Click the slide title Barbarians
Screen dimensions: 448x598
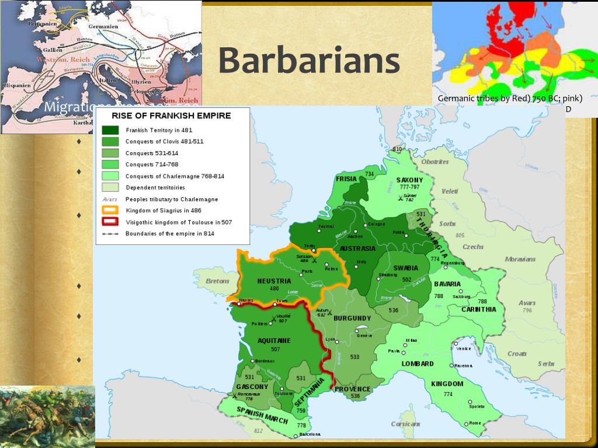pos(309,61)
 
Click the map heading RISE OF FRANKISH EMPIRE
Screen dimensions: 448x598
pos(171,116)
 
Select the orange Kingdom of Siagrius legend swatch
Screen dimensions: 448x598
pos(110,210)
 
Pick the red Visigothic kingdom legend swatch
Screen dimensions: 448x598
pos(110,222)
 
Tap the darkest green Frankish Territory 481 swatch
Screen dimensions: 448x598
pos(110,130)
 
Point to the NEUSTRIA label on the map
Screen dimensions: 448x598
pos(274,281)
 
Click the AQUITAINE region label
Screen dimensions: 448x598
pos(274,341)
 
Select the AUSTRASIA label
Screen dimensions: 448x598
pos(357,249)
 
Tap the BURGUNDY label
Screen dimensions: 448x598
pos(352,318)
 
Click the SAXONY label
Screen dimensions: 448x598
pos(409,180)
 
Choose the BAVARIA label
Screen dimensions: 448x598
pos(447,284)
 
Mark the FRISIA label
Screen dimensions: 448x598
pos(346,179)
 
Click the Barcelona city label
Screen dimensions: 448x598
pos(310,435)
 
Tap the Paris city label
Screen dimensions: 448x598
pos(307,271)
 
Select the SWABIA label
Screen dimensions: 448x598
pos(405,268)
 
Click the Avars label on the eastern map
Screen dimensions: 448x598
pos(527,303)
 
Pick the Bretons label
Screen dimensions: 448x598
pos(218,281)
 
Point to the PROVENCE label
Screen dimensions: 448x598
pos(352,389)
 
